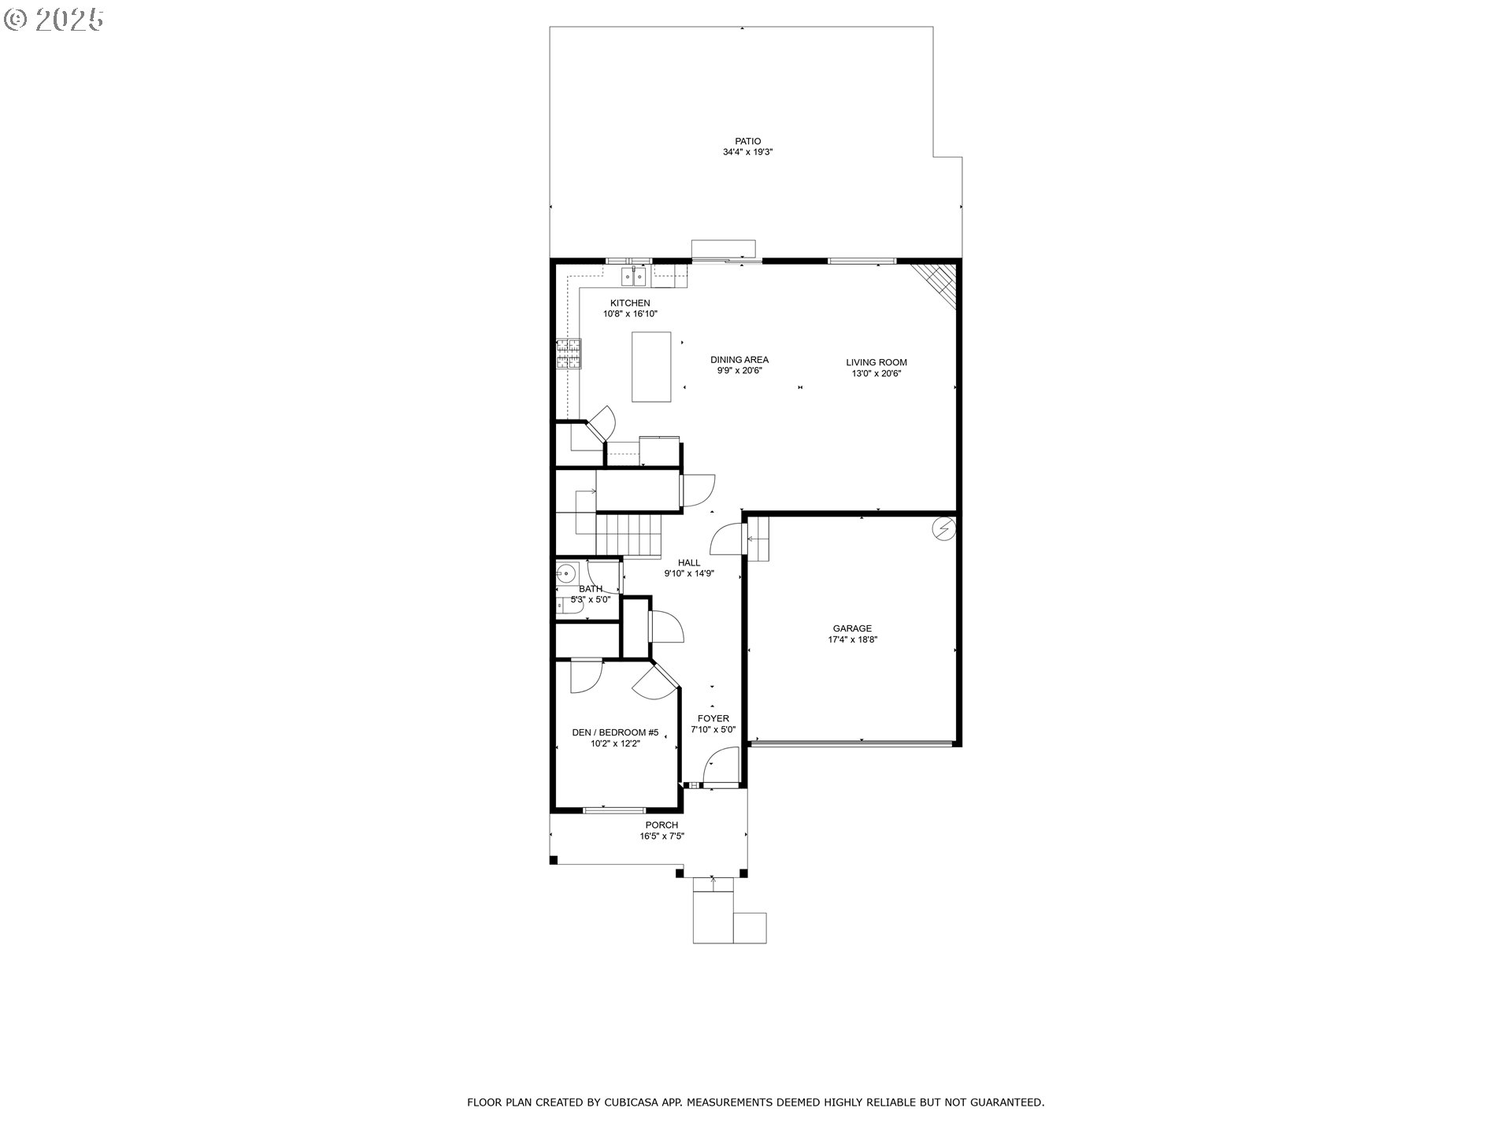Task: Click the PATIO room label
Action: click(747, 142)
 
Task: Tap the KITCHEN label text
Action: click(630, 303)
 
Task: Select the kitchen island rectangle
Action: click(651, 367)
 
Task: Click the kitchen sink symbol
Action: click(634, 276)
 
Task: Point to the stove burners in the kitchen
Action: click(569, 354)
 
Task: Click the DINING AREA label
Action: click(739, 360)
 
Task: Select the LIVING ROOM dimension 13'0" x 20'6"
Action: click(876, 374)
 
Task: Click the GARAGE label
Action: click(852, 628)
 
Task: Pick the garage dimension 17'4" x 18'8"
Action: click(852, 639)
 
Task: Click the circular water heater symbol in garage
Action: click(943, 528)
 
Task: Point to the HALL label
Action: click(689, 563)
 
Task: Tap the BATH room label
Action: click(591, 589)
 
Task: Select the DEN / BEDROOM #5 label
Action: click(615, 732)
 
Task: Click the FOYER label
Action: click(713, 718)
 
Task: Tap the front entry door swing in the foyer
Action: click(719, 766)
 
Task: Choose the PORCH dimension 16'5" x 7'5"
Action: click(661, 836)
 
